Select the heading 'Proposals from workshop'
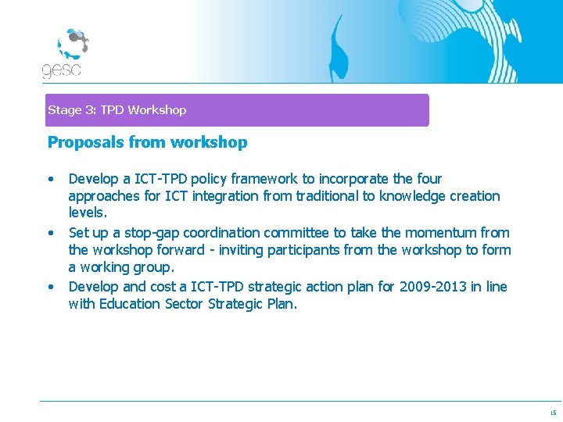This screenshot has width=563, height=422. pos(147,142)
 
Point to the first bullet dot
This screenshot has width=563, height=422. pos(51,179)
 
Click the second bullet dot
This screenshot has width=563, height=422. pos(51,233)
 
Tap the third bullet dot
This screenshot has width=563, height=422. pos(51,287)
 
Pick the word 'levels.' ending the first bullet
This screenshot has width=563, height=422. pos(88,213)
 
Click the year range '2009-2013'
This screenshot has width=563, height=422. pos(432,287)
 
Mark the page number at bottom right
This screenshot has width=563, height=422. pos(552,413)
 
